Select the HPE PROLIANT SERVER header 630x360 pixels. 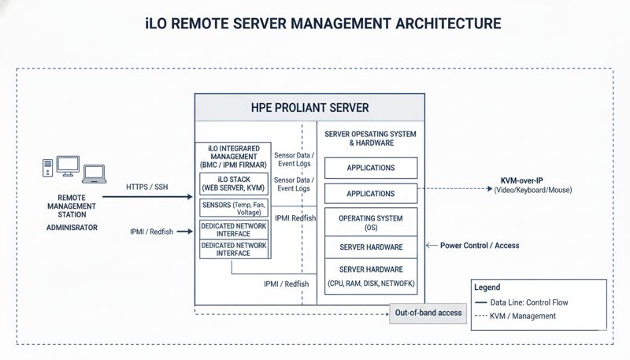pos(309,107)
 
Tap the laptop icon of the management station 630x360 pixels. pos(94,173)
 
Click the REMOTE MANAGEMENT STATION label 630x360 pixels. pos(77,206)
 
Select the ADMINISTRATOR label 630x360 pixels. pos(77,227)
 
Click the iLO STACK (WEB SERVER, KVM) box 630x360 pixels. pos(234,185)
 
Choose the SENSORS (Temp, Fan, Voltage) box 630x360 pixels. pos(234,208)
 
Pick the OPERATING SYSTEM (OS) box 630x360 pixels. pos(370,222)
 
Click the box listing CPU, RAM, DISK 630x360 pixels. pos(370,276)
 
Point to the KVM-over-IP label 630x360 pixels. pos(532,180)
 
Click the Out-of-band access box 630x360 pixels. pos(428,314)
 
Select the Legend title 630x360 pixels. pos(487,288)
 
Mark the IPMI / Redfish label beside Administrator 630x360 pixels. pos(151,232)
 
